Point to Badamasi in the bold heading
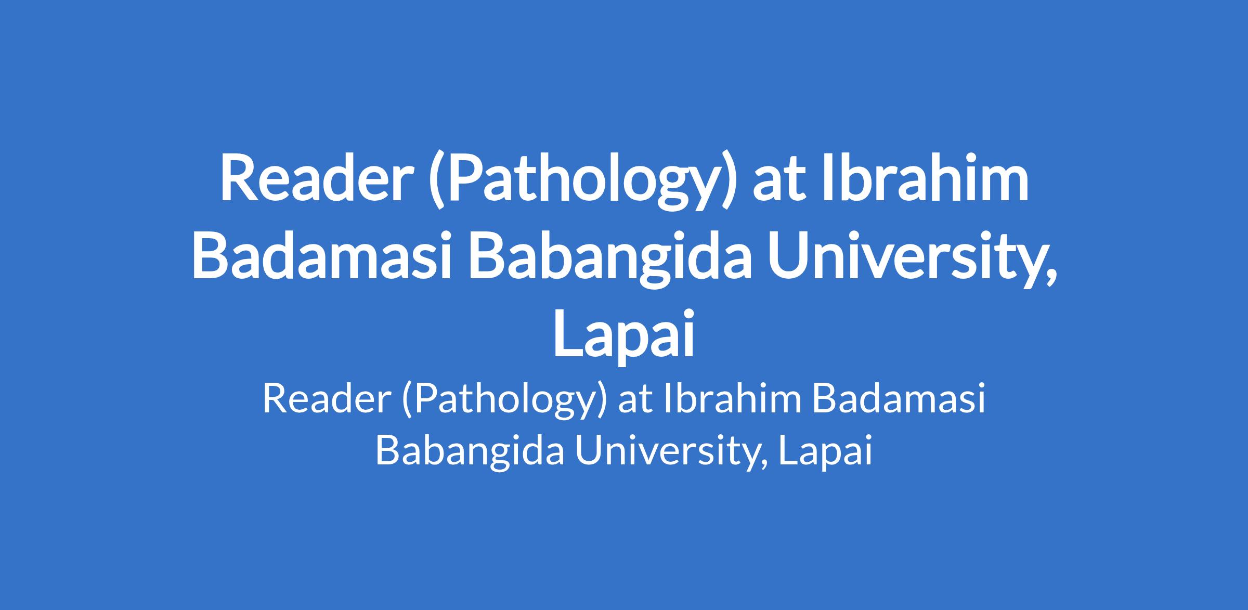[x=321, y=256]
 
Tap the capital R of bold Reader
[x=237, y=177]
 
